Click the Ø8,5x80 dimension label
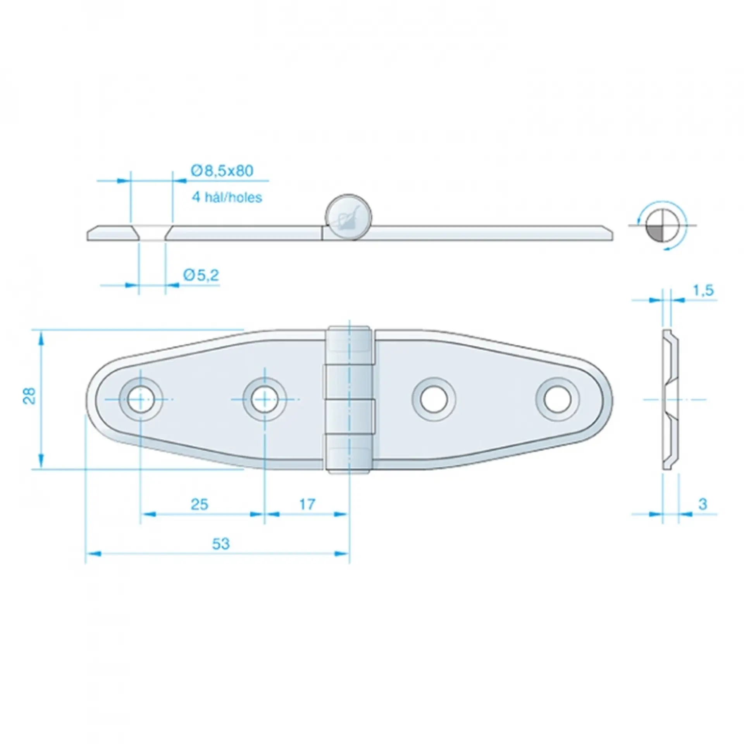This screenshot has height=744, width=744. [222, 171]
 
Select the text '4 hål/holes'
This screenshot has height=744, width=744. [227, 198]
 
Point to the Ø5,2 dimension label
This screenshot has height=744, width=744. [201, 276]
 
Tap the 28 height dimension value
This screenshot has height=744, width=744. [30, 396]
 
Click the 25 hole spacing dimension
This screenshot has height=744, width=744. [200, 504]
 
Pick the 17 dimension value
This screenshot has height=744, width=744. [307, 504]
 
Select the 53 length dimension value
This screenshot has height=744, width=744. [221, 544]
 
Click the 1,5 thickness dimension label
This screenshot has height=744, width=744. [703, 290]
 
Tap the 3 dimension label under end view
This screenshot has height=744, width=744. [703, 504]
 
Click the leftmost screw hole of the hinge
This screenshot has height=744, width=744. [140, 399]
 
